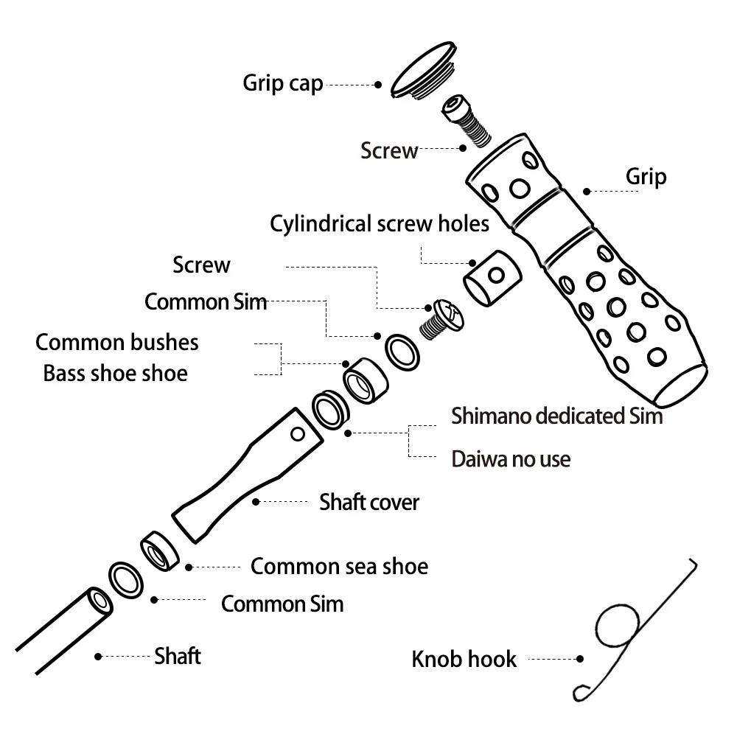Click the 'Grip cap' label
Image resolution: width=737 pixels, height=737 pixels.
click(283, 83)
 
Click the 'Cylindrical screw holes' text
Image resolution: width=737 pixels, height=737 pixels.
click(380, 223)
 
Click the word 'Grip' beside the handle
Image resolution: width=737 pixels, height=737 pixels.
click(646, 177)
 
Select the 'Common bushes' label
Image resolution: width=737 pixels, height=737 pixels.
click(117, 342)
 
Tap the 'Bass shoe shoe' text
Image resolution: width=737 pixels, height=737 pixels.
click(115, 373)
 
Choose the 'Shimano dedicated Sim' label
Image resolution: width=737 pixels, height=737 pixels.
click(556, 416)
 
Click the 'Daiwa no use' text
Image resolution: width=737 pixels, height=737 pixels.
click(511, 459)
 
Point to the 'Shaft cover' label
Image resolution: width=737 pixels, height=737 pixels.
click(368, 503)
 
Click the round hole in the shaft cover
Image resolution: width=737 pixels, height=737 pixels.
click(298, 434)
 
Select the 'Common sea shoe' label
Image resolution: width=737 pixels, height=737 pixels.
click(339, 567)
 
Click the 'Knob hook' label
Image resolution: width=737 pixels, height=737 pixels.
click(464, 659)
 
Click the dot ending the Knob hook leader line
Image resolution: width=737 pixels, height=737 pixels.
click(580, 660)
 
